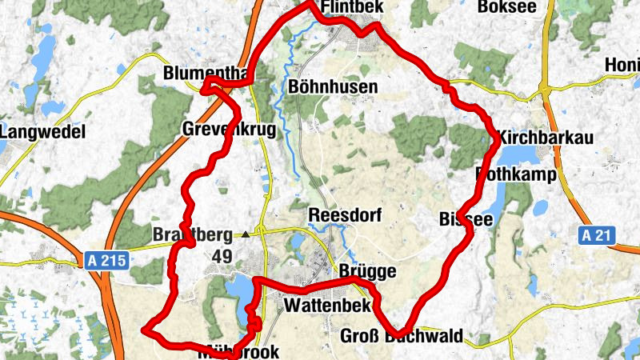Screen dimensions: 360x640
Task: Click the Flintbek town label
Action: click(x=352, y=8)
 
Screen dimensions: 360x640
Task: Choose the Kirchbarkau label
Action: click(x=546, y=138)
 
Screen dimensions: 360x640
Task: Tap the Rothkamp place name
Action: click(x=520, y=174)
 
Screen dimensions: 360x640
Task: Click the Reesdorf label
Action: click(x=346, y=216)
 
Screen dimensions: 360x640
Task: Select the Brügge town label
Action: click(x=368, y=271)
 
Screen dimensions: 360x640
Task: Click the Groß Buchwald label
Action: click(x=401, y=336)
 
